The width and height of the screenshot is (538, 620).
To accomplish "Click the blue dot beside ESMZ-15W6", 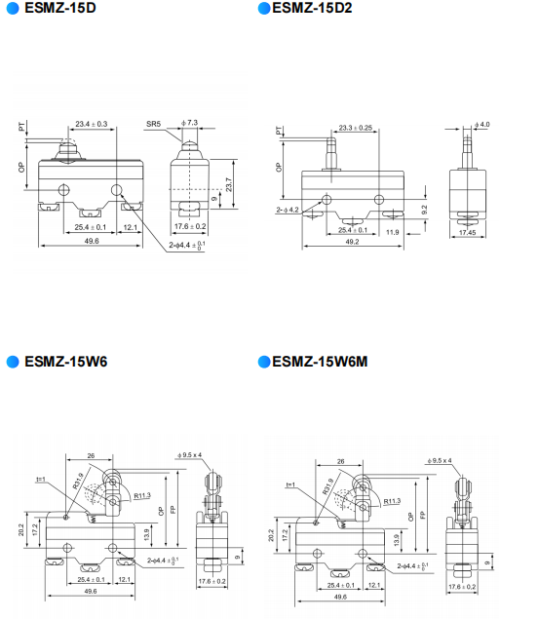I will (12, 362).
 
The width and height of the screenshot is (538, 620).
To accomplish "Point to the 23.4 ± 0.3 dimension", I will (91, 125).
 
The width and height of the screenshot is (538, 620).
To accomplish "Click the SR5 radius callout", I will (153, 125).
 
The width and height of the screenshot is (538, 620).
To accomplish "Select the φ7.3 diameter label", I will (189, 123).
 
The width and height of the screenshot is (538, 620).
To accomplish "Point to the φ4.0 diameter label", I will (481, 125).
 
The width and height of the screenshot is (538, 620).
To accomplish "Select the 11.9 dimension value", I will (392, 232).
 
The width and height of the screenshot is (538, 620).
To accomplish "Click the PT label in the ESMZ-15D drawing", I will (21, 128).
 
